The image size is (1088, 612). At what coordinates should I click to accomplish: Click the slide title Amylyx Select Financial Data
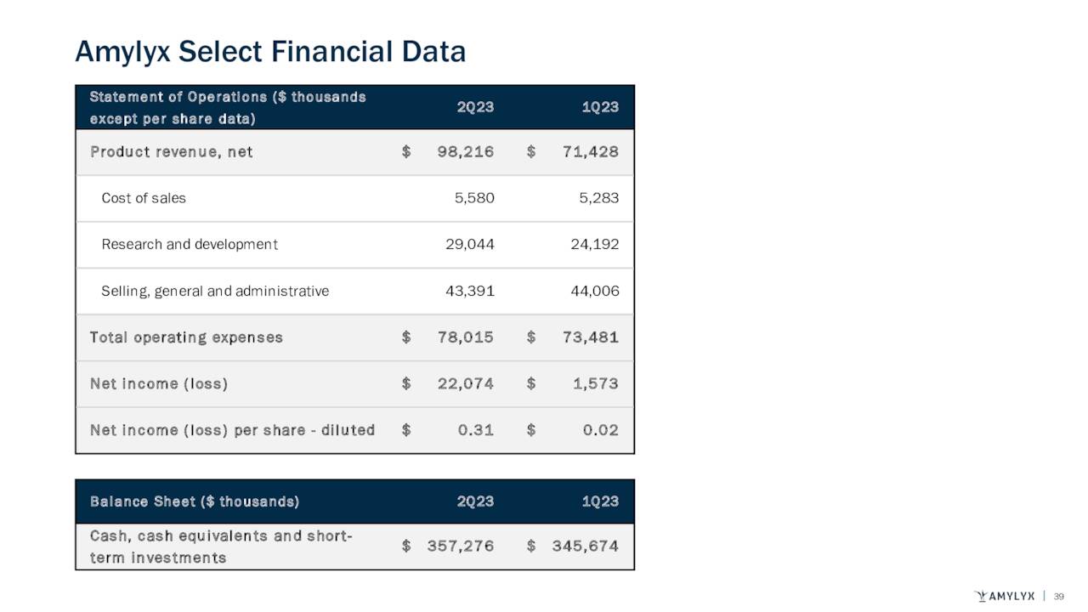pyautogui.click(x=270, y=53)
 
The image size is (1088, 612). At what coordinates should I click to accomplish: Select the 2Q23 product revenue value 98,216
pyautogui.click(x=466, y=152)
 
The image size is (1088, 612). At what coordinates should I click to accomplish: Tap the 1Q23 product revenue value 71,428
pyautogui.click(x=591, y=152)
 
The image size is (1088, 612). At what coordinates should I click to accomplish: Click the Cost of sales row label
pyautogui.click(x=144, y=198)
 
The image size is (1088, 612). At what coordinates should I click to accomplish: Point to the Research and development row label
pyautogui.click(x=190, y=245)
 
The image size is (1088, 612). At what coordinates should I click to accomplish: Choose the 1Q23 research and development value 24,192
pyautogui.click(x=595, y=245)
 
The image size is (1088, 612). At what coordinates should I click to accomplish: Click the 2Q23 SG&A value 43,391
pyautogui.click(x=470, y=291)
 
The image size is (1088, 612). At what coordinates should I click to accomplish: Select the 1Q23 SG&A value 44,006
pyautogui.click(x=595, y=291)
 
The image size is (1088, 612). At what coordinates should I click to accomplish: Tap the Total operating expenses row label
pyautogui.click(x=186, y=337)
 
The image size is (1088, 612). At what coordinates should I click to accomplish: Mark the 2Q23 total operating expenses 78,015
pyautogui.click(x=466, y=337)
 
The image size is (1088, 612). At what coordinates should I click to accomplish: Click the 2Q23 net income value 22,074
pyautogui.click(x=466, y=383)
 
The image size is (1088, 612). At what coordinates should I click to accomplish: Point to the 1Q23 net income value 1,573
pyautogui.click(x=595, y=383)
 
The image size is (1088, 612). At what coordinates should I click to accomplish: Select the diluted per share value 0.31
pyautogui.click(x=476, y=430)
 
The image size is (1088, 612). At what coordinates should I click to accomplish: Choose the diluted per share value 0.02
pyautogui.click(x=601, y=430)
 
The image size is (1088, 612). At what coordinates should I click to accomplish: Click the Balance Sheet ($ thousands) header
pyautogui.click(x=195, y=501)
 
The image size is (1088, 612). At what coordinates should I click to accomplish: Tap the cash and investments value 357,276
pyautogui.click(x=460, y=547)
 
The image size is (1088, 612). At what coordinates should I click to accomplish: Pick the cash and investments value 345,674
pyautogui.click(x=585, y=547)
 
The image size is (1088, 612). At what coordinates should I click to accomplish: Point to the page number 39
pyautogui.click(x=1059, y=595)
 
